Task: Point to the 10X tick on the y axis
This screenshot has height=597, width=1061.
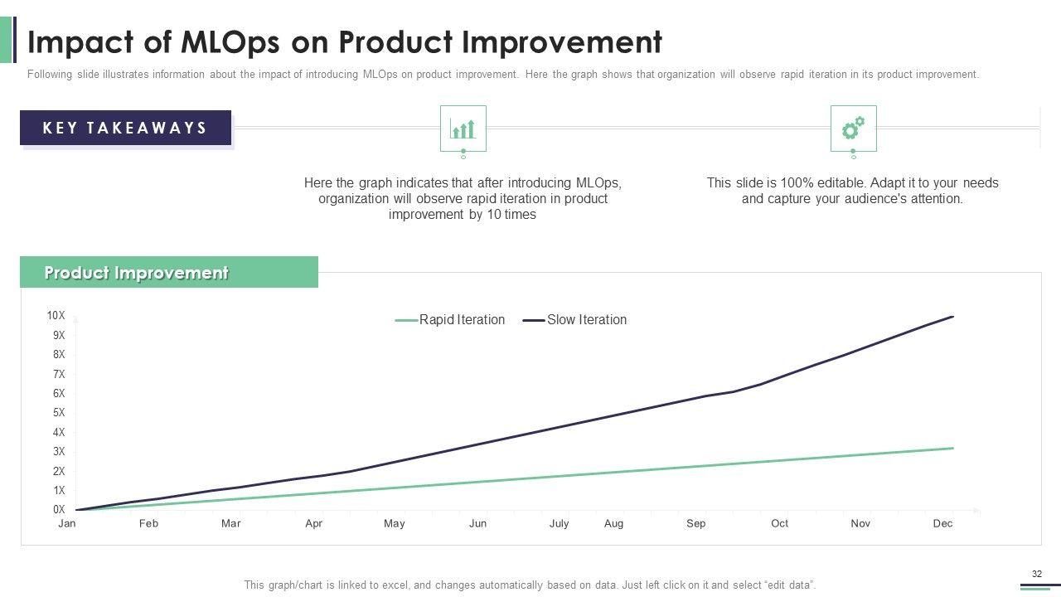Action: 56,316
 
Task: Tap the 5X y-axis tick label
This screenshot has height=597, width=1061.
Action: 58,413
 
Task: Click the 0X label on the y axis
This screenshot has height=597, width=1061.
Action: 58,510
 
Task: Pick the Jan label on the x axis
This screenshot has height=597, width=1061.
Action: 67,524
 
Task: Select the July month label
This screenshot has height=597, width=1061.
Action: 559,524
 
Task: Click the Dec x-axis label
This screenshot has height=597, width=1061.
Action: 942,524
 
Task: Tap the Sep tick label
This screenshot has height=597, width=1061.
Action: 695,524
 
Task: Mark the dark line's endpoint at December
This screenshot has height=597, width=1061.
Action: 953,317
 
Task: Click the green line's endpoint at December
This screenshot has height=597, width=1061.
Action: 953,449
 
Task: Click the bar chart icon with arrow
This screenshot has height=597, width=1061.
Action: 463,129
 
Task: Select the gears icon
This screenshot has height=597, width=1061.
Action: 853,129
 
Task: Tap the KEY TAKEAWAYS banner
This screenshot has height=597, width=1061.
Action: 125,129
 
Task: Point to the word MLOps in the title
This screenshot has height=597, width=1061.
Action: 221,41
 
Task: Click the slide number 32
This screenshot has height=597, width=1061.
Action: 1036,574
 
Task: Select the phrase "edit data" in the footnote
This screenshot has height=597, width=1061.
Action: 792,585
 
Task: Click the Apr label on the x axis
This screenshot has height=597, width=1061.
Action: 313,524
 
